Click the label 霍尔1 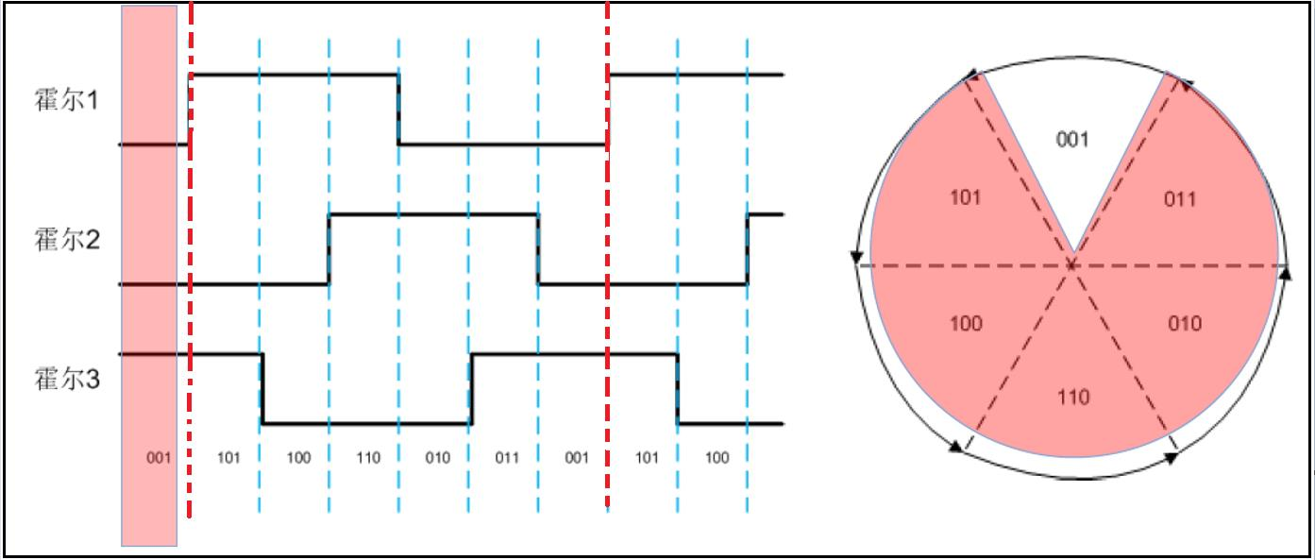pyautogui.click(x=66, y=100)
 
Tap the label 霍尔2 pyautogui.click(x=66, y=240)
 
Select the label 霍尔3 pyautogui.click(x=66, y=380)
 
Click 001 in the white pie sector pyautogui.click(x=1072, y=140)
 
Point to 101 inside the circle pyautogui.click(x=966, y=197)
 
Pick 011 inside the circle pyautogui.click(x=1180, y=200)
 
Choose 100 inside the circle pyautogui.click(x=967, y=323)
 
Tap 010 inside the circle pyautogui.click(x=1185, y=323)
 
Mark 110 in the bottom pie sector pyautogui.click(x=1073, y=398)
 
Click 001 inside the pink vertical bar pyautogui.click(x=159, y=458)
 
